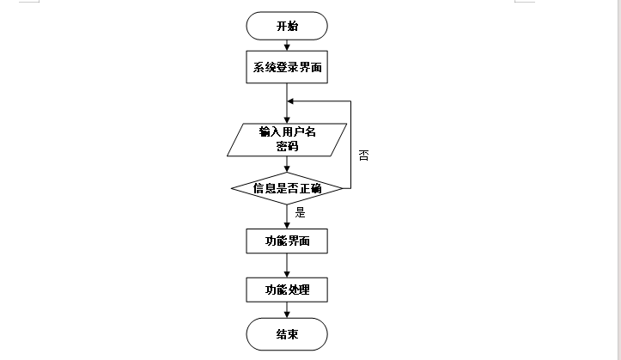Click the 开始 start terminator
pyautogui.click(x=287, y=26)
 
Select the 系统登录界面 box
pyautogui.click(x=287, y=67)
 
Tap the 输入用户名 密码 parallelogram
pyautogui.click(x=287, y=140)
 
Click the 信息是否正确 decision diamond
pyautogui.click(x=287, y=188)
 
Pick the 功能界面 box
pyautogui.click(x=287, y=241)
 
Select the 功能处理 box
pyautogui.click(x=287, y=290)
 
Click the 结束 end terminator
pyautogui.click(x=287, y=334)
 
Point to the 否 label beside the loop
pyautogui.click(x=363, y=156)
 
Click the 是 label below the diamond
pyautogui.click(x=301, y=213)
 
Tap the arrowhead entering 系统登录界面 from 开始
pyautogui.click(x=287, y=47)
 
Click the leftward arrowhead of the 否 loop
pyautogui.click(x=290, y=101)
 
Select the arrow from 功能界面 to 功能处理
pyautogui.click(x=287, y=265)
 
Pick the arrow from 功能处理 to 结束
pyautogui.click(x=287, y=310)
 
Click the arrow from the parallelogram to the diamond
pyautogui.click(x=287, y=164)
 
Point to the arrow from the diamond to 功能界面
pyautogui.click(x=287, y=217)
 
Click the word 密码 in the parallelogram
pyautogui.click(x=287, y=146)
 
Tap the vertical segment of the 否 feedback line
pyautogui.click(x=351, y=144)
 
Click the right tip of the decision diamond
pyautogui.click(x=343, y=188)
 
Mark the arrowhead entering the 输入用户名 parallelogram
pyautogui.click(x=287, y=120)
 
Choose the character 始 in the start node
pyautogui.click(x=293, y=26)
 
